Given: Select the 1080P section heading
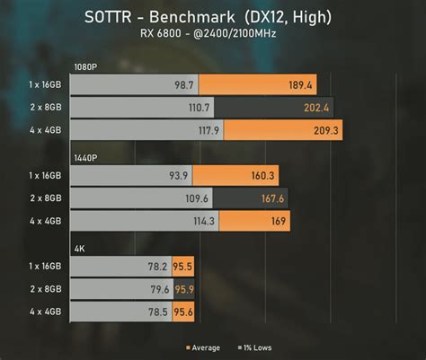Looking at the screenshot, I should (x=87, y=68).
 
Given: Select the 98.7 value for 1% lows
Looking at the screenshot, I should (x=183, y=84).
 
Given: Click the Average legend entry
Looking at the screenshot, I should (x=204, y=347).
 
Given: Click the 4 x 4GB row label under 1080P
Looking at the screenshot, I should (x=44, y=131).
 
